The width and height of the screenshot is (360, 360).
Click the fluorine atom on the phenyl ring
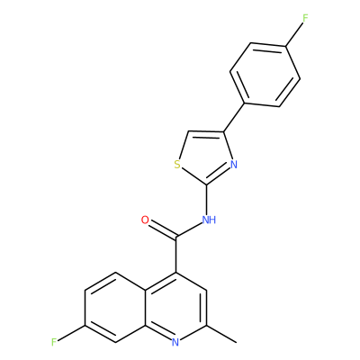(x=305, y=19)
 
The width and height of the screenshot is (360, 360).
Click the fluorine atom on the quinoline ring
(x=54, y=342)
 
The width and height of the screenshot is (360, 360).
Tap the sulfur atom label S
(x=177, y=165)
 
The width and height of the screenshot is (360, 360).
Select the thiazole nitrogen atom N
(x=234, y=165)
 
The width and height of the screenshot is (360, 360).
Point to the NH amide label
(x=209, y=220)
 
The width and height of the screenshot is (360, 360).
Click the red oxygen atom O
(x=145, y=220)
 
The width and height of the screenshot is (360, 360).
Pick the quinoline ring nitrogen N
(x=175, y=342)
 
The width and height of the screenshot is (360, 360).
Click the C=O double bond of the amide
(x=163, y=230)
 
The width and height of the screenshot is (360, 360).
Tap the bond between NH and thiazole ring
(x=206, y=199)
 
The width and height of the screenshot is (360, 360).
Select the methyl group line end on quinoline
(x=237, y=342)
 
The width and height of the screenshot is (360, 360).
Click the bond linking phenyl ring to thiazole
(x=235, y=118)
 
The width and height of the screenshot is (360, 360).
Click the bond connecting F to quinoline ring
(x=71, y=333)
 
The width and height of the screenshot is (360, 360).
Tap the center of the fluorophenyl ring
(x=265, y=75)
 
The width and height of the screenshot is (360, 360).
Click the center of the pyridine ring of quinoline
(x=176, y=308)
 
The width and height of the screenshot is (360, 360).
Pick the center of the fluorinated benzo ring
(x=115, y=308)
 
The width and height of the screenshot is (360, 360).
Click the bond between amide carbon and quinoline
(x=176, y=255)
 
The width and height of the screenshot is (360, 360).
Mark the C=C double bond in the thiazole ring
(x=206, y=133)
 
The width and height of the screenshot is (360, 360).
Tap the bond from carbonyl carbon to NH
(x=190, y=229)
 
